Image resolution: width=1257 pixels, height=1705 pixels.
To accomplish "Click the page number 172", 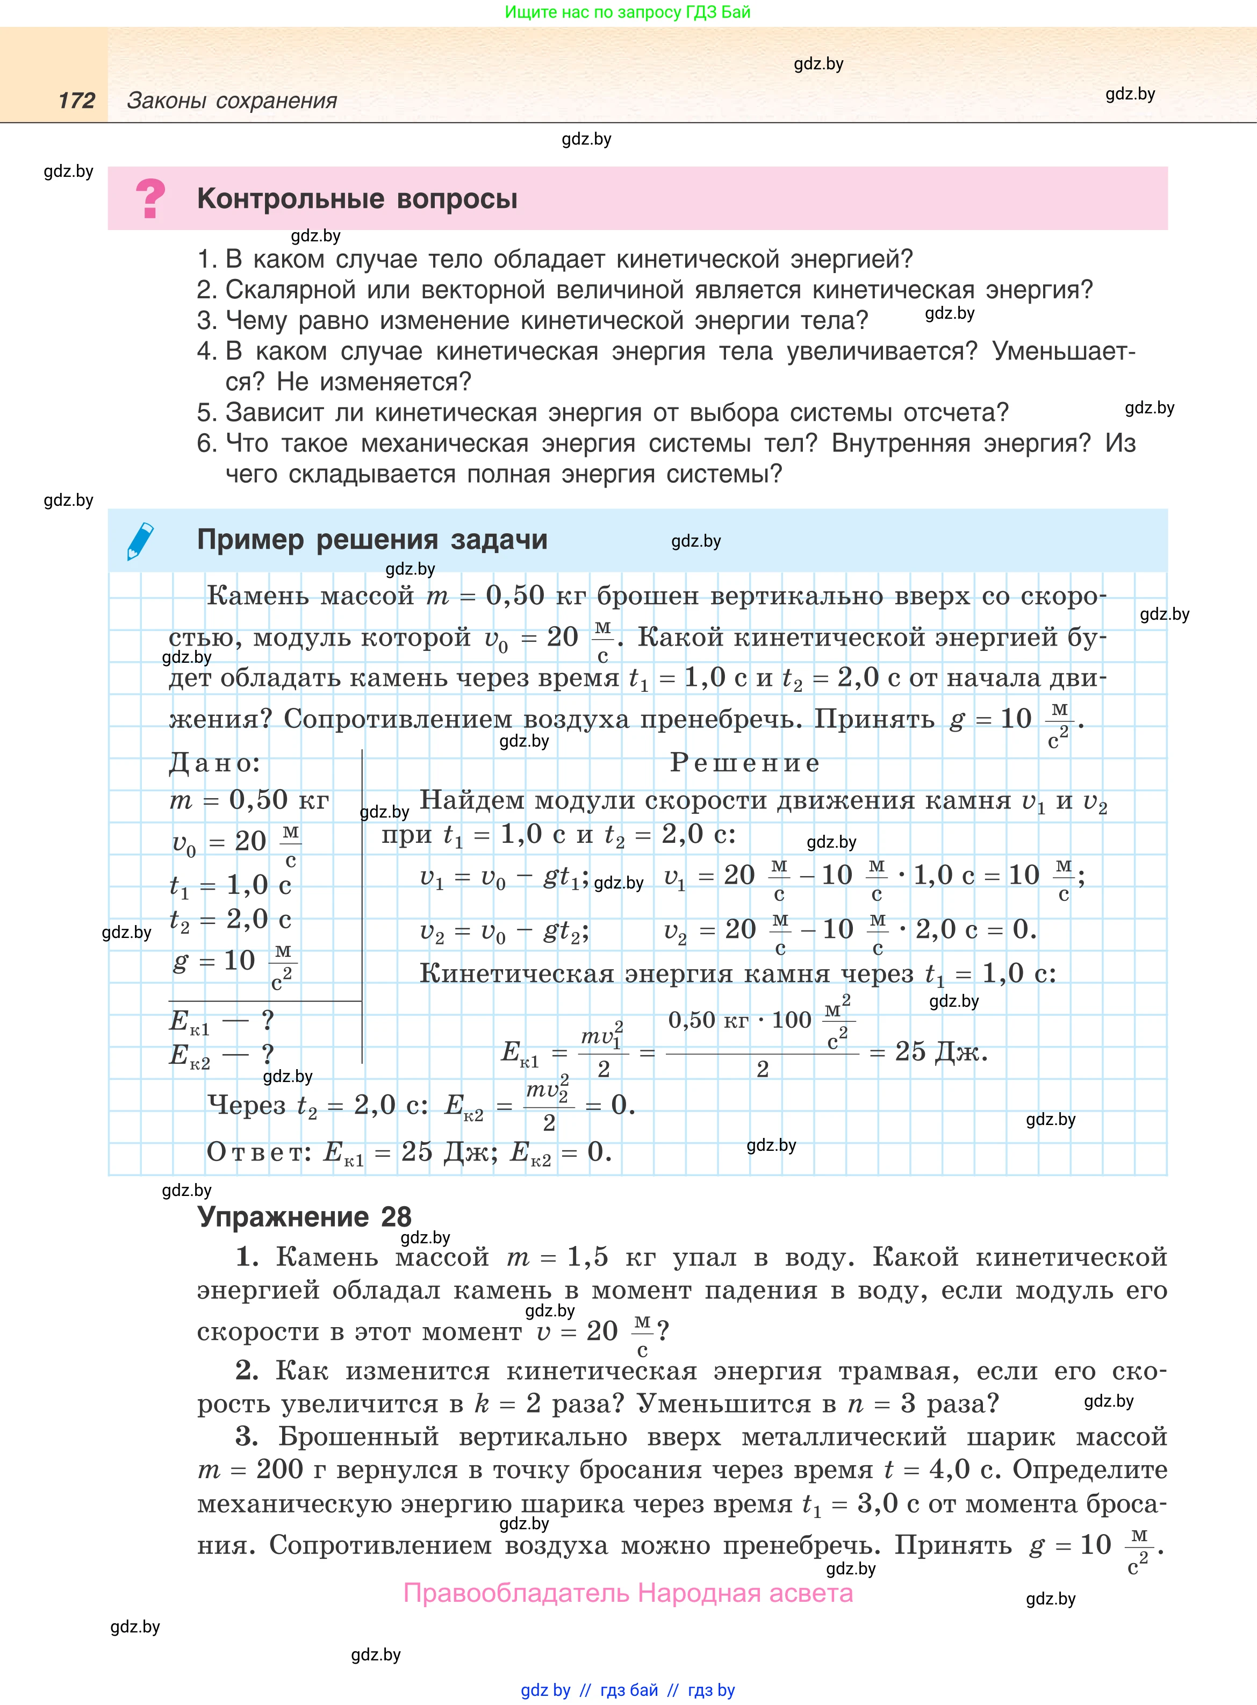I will pyautogui.click(x=77, y=101).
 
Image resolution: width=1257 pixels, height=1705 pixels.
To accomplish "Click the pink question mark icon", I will pyautogui.click(x=150, y=198).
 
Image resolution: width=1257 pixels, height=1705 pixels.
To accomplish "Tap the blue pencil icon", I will pyautogui.click(x=141, y=541).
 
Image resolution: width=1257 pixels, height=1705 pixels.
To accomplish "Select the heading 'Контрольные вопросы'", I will pyautogui.click(x=357, y=198).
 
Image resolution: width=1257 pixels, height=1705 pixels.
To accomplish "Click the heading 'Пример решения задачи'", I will pyautogui.click(x=372, y=540).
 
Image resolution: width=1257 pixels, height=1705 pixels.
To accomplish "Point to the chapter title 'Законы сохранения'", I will pyautogui.click(x=232, y=101).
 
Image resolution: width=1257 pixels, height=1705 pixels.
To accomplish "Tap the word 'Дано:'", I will pyautogui.click(x=214, y=762).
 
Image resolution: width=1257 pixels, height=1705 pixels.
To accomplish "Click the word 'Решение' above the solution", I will pyautogui.click(x=745, y=762).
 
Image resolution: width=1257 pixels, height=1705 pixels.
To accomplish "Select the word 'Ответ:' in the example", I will pyautogui.click(x=258, y=1152).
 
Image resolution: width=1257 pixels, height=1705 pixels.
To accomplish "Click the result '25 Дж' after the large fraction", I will pyautogui.click(x=940, y=1052).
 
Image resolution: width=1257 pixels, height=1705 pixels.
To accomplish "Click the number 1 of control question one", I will pyautogui.click(x=205, y=260).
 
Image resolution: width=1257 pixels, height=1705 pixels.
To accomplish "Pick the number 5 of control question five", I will pyautogui.click(x=205, y=412).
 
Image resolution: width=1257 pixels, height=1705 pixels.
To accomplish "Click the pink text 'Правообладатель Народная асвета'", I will pyautogui.click(x=628, y=1593).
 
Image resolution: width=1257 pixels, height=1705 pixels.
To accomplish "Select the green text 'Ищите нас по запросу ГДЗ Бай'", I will pyautogui.click(x=628, y=12).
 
